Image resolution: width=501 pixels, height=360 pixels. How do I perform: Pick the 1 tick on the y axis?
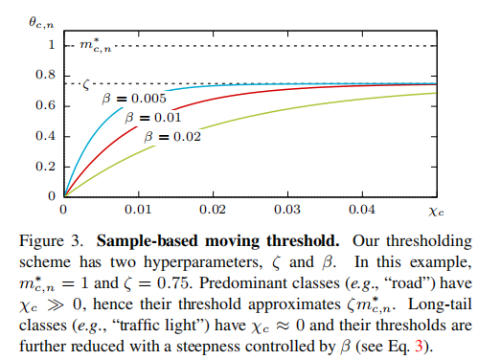(x=50, y=45)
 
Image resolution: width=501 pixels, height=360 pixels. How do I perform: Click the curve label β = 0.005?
(x=136, y=98)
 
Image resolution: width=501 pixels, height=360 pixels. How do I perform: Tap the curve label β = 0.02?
(x=172, y=138)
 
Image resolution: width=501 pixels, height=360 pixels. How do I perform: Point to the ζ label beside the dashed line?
(x=86, y=83)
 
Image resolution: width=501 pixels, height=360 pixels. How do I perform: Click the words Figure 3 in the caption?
(x=92, y=236)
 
